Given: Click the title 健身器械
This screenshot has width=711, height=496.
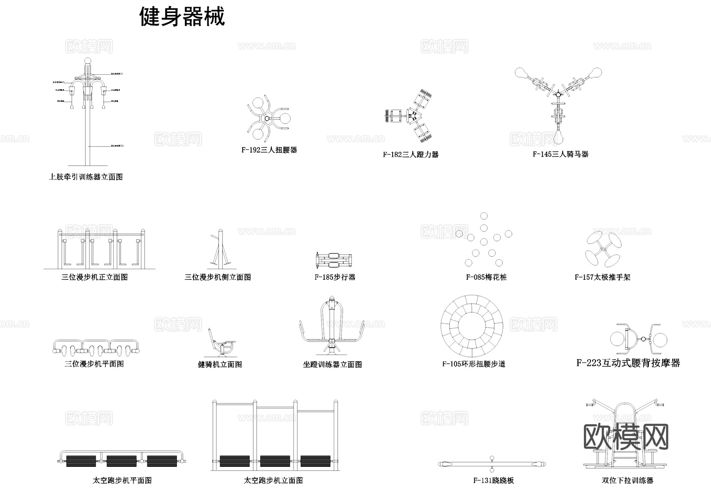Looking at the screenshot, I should pos(182,17).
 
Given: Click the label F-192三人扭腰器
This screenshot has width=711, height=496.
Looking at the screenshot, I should pos(269,150).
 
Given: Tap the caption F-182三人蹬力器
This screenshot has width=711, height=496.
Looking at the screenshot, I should pos(410,155).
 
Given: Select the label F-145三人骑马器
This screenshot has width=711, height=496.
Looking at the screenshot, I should pos(560,154).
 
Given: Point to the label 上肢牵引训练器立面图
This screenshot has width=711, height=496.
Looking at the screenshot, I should pos(86,177).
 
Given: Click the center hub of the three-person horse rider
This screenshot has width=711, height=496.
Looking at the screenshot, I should pos(558,94).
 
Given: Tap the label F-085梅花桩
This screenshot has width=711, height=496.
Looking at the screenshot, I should pos(486,277).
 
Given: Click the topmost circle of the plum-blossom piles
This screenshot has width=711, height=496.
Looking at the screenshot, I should pos(484,216).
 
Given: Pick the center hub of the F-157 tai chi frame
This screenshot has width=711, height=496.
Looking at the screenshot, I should pos(603,249).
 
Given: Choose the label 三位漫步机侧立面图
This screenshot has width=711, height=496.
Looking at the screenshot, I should pos(218,277).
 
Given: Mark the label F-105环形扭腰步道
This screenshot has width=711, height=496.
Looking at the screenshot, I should pos(474,364).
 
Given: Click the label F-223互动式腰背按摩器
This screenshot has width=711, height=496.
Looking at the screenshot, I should pos(628,363).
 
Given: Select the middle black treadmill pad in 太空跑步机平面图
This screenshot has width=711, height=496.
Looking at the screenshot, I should pos(121,461).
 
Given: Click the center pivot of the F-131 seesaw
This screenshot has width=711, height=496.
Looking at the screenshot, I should pos(492,464).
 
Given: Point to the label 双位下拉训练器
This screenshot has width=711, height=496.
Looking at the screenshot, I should pos(627,481).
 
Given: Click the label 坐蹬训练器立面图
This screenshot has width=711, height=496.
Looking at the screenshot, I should pos(332,364).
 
